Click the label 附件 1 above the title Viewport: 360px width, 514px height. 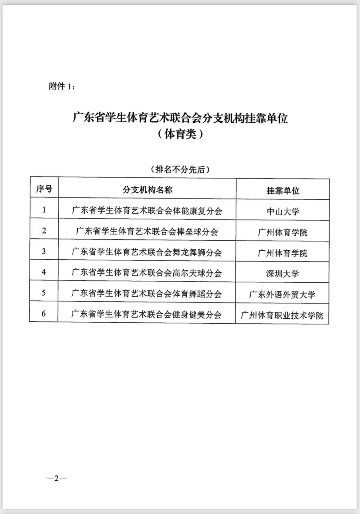(62, 86)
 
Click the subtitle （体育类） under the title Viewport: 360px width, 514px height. (180, 134)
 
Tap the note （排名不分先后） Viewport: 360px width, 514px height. (180, 169)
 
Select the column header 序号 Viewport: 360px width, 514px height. (44, 189)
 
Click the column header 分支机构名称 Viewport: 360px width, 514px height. (147, 190)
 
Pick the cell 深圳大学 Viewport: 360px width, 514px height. (282, 274)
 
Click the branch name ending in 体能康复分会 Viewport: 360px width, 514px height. (147, 211)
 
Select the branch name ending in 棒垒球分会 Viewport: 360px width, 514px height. (147, 231)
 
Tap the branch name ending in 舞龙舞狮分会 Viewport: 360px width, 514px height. (147, 252)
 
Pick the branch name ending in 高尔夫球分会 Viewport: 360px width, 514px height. (147, 273)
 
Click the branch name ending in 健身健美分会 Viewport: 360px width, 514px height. (146, 314)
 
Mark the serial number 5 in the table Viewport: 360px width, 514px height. (44, 293)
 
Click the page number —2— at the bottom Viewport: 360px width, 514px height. (57, 478)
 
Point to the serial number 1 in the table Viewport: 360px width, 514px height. (44, 210)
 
